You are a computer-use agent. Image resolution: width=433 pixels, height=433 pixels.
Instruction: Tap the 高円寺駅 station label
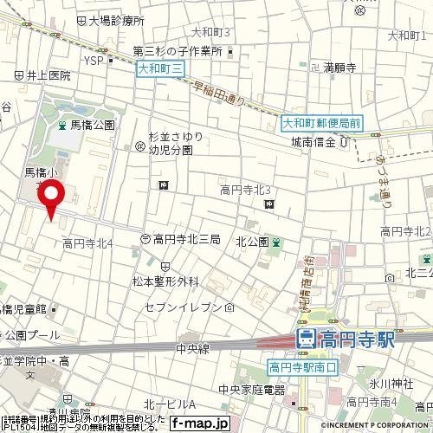(x=347, y=339)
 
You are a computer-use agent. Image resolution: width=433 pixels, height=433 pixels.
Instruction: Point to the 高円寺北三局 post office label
(x=187, y=238)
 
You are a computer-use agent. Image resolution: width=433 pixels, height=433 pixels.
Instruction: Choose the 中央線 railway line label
(x=192, y=350)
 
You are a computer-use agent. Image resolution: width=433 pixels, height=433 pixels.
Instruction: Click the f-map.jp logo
(x=198, y=423)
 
